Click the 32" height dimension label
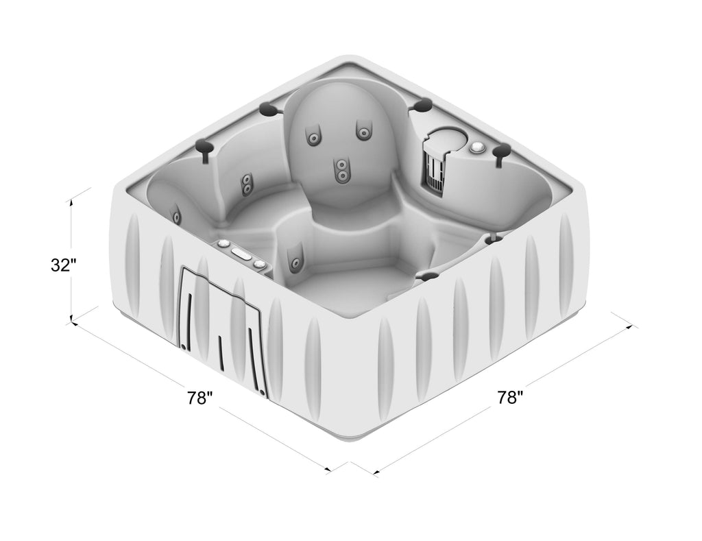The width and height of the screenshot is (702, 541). click(61, 265)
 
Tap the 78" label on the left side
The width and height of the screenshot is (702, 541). click(199, 397)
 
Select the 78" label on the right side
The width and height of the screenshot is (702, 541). click(510, 397)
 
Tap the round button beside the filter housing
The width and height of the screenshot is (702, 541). click(478, 147)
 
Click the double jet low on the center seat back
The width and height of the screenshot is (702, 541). click(341, 170)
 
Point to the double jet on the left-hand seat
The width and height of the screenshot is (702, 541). click(246, 184)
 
